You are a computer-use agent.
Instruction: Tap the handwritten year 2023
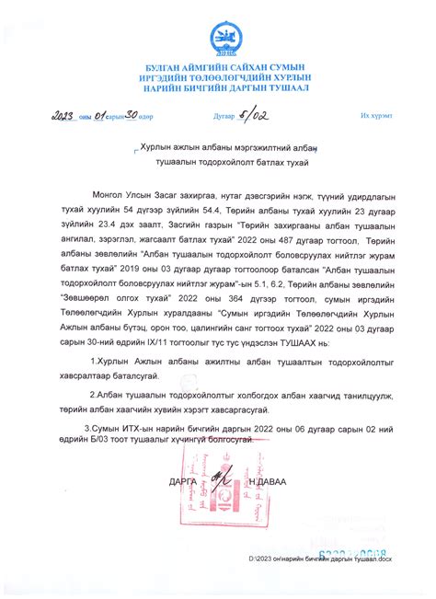66,117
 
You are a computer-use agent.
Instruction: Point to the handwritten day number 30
131,117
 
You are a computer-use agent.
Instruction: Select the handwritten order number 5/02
255,117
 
